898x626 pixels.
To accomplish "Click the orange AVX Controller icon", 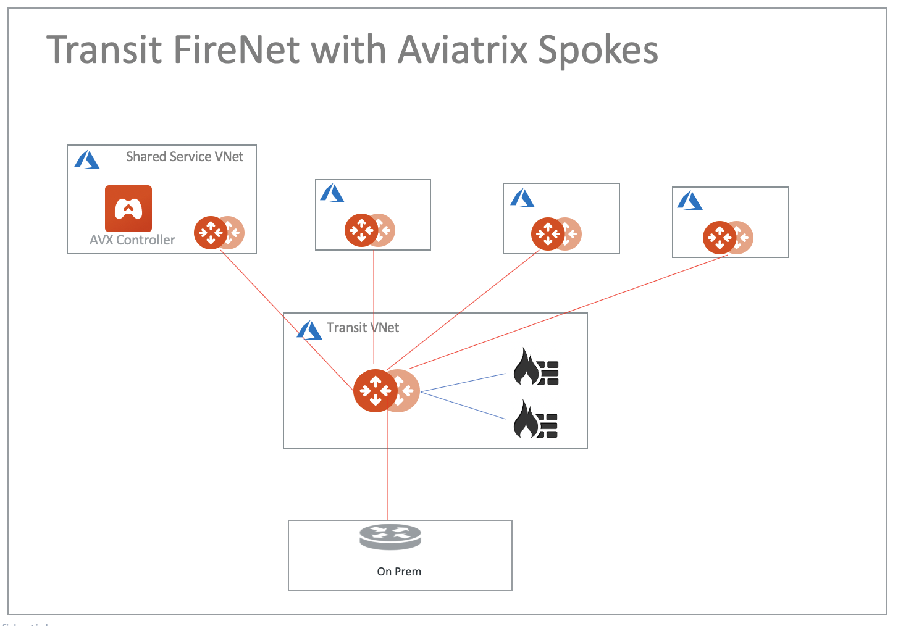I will tap(128, 208).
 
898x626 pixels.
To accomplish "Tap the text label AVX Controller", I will tap(132, 240).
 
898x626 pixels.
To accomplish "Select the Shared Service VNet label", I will tap(185, 157).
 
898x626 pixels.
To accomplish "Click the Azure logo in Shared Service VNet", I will tap(87, 161).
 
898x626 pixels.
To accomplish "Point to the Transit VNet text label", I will tap(363, 328).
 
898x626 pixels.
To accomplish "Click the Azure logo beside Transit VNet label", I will tap(309, 330).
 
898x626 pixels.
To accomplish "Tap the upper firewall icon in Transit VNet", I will tap(536, 367).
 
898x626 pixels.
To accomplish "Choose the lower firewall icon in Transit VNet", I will tap(536, 420).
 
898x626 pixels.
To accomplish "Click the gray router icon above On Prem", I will tap(390, 537).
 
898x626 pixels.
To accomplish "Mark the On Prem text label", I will tap(399, 572).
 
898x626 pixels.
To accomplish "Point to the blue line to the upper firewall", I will tap(463, 383).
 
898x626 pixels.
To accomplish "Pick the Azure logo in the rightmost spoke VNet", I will tap(690, 201).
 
